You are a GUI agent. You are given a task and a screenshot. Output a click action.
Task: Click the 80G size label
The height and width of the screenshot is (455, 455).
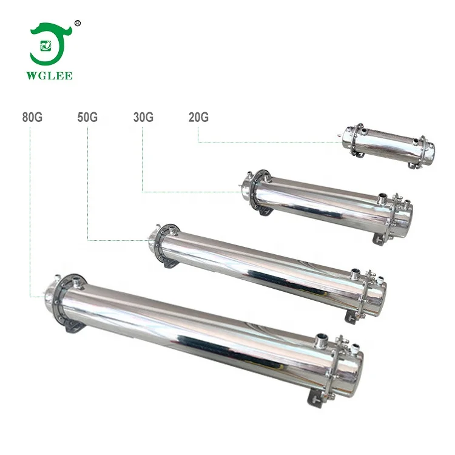[x=32, y=118]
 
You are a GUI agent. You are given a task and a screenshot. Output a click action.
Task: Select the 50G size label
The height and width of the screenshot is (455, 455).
[x=87, y=118]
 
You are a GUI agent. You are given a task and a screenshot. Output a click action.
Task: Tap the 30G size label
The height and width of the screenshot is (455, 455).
[x=143, y=118]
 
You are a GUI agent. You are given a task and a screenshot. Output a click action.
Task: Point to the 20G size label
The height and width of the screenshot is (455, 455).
[x=198, y=118]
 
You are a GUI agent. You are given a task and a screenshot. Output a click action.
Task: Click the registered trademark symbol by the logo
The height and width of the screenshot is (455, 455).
[x=77, y=23]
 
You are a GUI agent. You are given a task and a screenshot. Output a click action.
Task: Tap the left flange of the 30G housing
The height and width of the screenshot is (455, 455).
[x=255, y=190]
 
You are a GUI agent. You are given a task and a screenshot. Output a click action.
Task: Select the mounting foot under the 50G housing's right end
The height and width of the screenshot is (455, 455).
[x=352, y=316]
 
